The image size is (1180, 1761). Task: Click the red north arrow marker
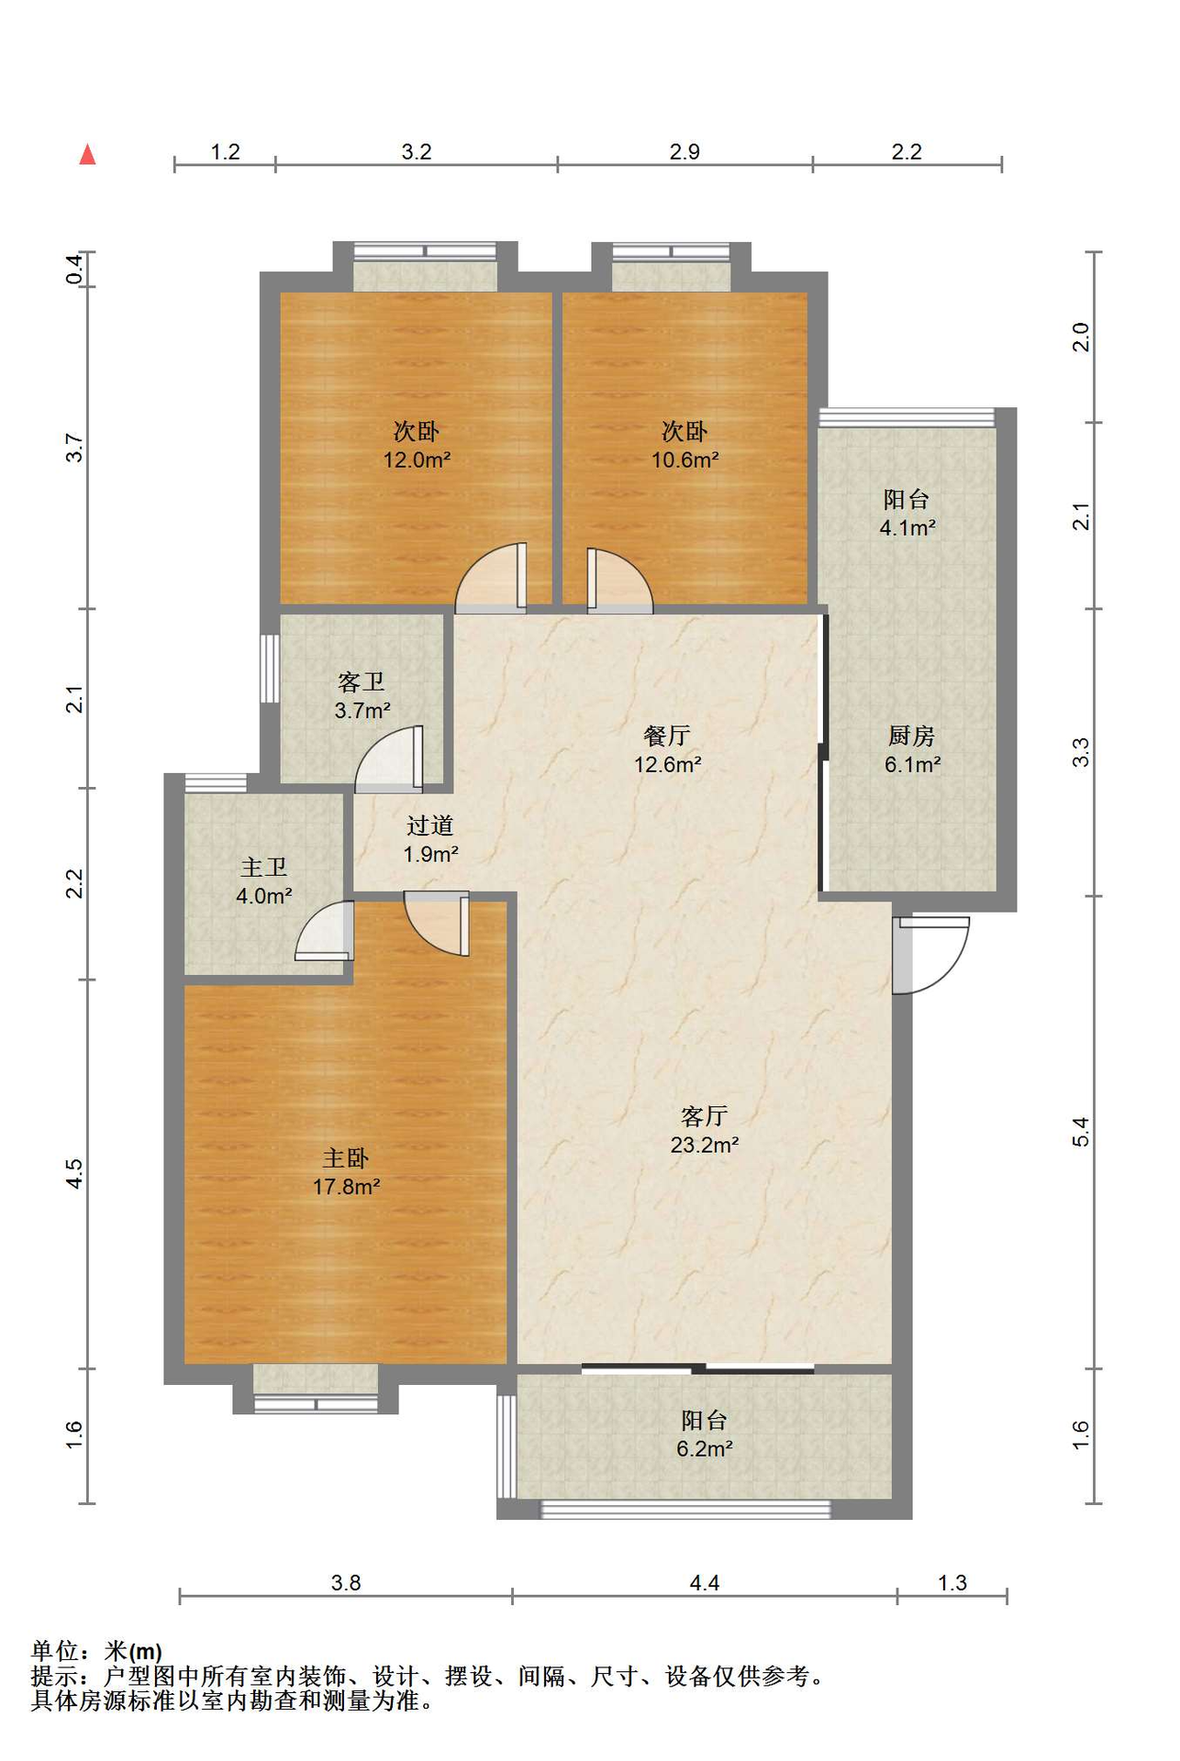[x=87, y=154]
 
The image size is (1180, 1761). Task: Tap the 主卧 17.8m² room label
[x=346, y=1172]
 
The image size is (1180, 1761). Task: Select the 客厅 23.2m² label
[x=705, y=1130]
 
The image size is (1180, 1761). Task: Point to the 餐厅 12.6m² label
[x=667, y=749]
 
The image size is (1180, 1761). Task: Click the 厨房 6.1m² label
[x=912, y=749]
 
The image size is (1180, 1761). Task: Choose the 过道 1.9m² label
[x=430, y=839]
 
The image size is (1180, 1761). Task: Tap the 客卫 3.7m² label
[x=362, y=695]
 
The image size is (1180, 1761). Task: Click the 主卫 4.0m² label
[x=264, y=881]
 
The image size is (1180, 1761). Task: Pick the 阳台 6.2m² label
[x=705, y=1434]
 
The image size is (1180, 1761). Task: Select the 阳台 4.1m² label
[x=907, y=513]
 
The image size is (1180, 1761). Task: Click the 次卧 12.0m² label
[x=417, y=445]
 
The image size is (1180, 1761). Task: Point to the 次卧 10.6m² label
[x=685, y=445]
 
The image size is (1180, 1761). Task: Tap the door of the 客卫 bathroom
[x=390, y=759]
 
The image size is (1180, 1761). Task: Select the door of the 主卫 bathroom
[x=324, y=931]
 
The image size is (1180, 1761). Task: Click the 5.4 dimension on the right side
[x=1081, y=1131]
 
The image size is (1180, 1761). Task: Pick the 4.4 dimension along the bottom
[x=705, y=1582]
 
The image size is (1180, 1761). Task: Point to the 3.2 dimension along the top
[x=417, y=151]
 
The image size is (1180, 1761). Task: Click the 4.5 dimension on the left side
[x=74, y=1174]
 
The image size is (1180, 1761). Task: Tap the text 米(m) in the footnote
[x=133, y=1651]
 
